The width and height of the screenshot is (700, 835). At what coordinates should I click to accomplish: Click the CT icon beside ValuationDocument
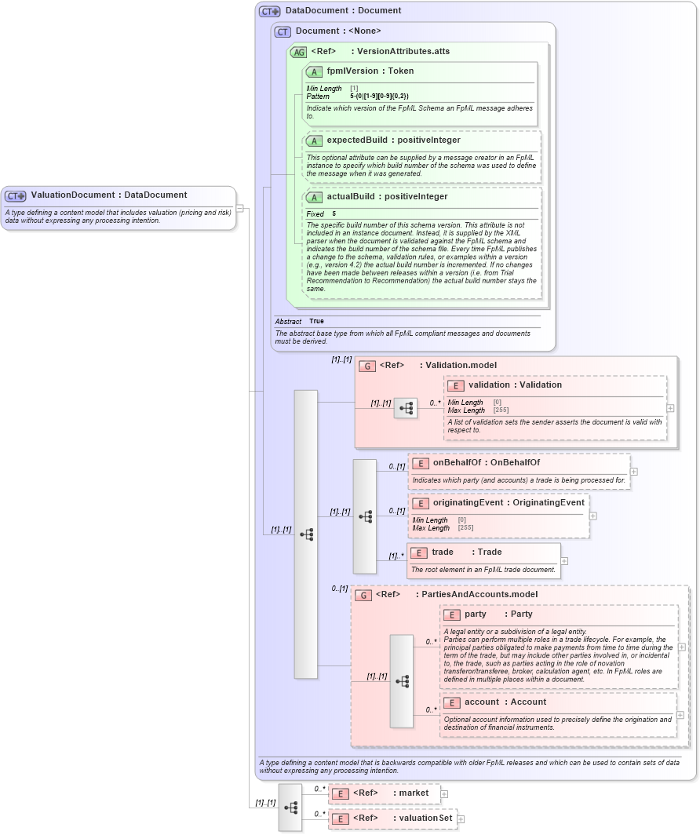16,195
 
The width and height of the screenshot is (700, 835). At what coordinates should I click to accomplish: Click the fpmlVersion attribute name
352,71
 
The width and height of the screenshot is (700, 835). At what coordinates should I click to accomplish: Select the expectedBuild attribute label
357,140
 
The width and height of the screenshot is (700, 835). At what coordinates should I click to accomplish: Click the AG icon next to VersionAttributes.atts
298,52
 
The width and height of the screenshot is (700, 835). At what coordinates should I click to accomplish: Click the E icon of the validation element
455,385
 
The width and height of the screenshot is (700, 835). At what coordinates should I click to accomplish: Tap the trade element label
443,552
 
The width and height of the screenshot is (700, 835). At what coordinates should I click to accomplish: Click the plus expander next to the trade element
564,561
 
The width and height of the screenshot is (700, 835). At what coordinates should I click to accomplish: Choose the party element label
475,614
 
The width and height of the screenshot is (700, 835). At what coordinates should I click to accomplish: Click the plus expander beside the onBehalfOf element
633,472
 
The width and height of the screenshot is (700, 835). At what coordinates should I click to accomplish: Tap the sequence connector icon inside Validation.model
406,408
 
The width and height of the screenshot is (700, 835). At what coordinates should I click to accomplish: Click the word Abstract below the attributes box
288,321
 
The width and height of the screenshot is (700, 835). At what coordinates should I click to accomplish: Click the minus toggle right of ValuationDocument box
240,208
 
